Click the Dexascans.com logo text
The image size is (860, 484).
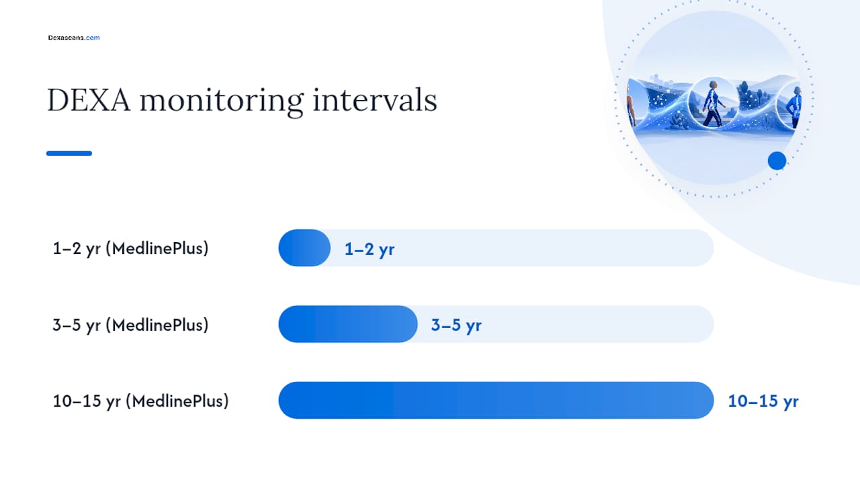pyautogui.click(x=74, y=38)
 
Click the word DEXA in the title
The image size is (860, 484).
pyautogui.click(x=89, y=100)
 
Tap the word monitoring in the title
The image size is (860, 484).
pyautogui.click(x=222, y=102)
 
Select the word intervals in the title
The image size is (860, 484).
pyautogui.click(x=375, y=100)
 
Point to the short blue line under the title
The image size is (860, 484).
pyautogui.click(x=69, y=153)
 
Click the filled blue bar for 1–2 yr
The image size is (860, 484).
pyautogui.click(x=304, y=248)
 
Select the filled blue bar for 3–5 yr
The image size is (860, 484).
pyautogui.click(x=348, y=324)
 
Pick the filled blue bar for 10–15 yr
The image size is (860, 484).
pyautogui.click(x=496, y=400)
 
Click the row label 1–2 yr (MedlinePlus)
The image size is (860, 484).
pyautogui.click(x=130, y=249)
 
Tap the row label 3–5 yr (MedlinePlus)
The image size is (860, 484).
pyautogui.click(x=130, y=325)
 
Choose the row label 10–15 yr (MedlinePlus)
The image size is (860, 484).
pyautogui.click(x=140, y=401)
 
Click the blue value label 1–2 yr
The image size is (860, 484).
pyautogui.click(x=370, y=249)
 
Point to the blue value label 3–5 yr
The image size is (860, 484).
pyautogui.click(x=456, y=325)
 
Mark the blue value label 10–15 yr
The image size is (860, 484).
pyautogui.click(x=763, y=401)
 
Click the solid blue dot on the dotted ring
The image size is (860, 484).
pyautogui.click(x=777, y=161)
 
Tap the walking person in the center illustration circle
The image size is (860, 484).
pyautogui.click(x=714, y=103)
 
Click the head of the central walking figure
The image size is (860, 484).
pyautogui.click(x=713, y=85)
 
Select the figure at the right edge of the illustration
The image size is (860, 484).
pyautogui.click(x=794, y=107)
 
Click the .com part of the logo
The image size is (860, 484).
pyautogui.click(x=92, y=38)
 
